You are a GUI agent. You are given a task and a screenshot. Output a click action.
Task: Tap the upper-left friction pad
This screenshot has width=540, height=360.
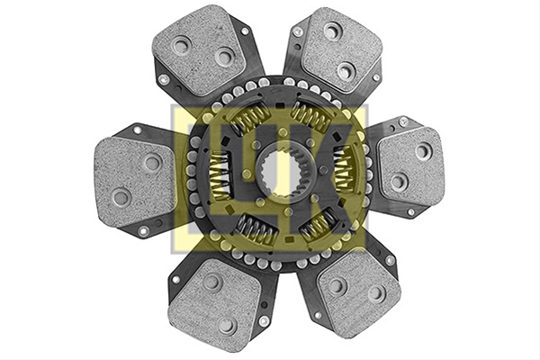tap(200, 51)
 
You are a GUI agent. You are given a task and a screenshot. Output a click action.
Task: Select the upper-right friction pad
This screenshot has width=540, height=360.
tap(341, 50)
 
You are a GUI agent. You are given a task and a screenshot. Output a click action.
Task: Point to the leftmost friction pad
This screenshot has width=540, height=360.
tap(134, 181)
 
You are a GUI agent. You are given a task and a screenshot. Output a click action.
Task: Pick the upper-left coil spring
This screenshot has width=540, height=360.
tap(250, 118)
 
